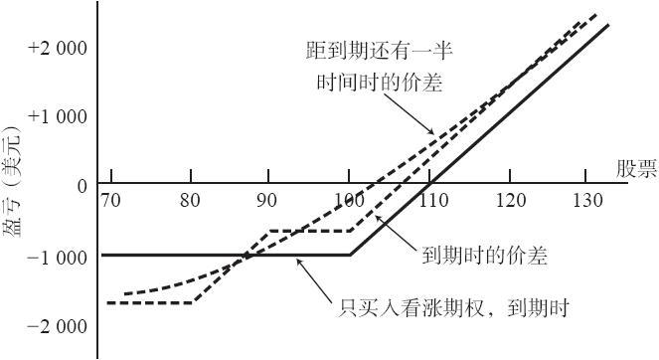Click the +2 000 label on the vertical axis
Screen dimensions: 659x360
tap(58, 49)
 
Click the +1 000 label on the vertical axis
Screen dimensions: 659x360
tap(58, 116)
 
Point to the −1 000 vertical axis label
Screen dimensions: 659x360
tap(57, 258)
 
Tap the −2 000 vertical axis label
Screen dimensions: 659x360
tap(57, 326)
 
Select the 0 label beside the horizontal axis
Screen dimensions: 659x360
tap(82, 186)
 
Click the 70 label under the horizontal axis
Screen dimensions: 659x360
tap(110, 200)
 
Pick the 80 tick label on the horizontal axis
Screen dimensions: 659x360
tap(190, 200)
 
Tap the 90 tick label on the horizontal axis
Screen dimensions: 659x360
tap(266, 200)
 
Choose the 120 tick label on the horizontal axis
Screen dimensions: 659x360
tap(511, 200)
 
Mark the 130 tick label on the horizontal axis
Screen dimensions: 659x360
tap(588, 200)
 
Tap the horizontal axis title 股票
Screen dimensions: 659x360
tap(636, 169)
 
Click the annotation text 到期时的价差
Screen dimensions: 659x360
tap(485, 256)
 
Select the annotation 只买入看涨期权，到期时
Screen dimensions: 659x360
tap(454, 308)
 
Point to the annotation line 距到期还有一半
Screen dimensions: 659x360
tap(380, 52)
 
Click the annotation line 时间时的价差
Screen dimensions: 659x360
tap(380, 82)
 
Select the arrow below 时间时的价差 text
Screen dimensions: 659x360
tap(409, 113)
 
